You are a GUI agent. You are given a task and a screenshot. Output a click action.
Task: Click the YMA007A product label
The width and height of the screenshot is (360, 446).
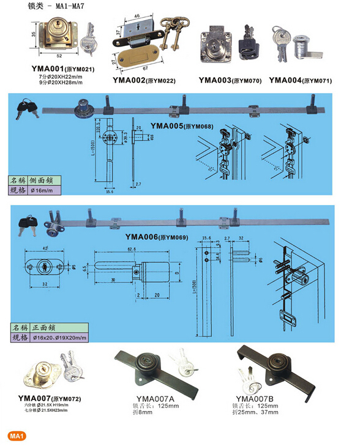click(149, 397)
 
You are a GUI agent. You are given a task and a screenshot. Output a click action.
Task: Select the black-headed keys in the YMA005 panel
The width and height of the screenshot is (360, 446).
click(26, 108)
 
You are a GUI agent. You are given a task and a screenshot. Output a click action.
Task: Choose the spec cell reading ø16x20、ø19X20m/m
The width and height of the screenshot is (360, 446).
click(61, 336)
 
